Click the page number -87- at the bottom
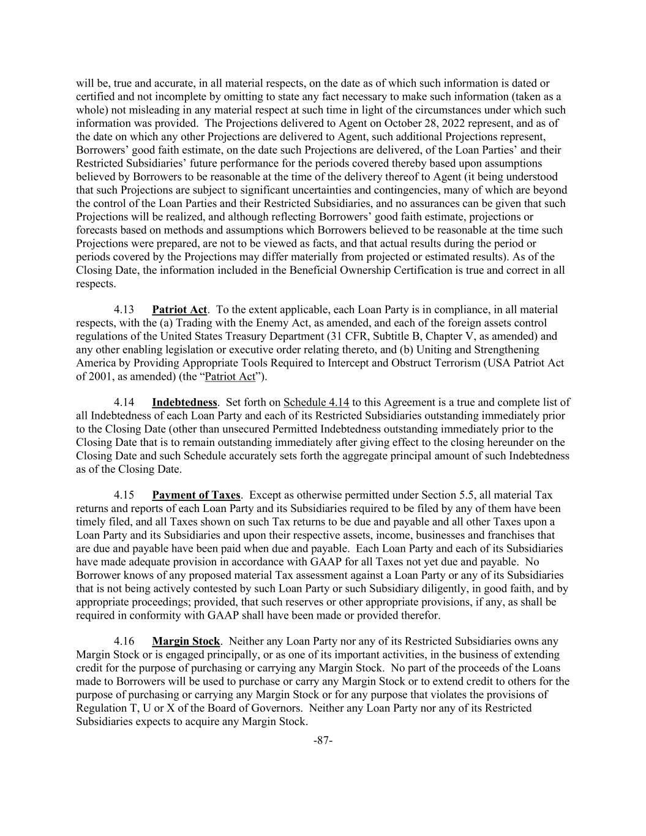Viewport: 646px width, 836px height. coord(323,740)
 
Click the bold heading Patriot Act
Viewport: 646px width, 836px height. coord(179,309)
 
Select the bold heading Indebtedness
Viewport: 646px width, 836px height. coord(184,402)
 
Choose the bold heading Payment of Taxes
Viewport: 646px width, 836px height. coord(196,495)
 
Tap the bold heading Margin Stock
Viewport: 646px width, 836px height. coord(186,641)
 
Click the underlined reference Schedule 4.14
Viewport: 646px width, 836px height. coord(316,402)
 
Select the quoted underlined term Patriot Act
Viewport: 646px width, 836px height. coord(230,377)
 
